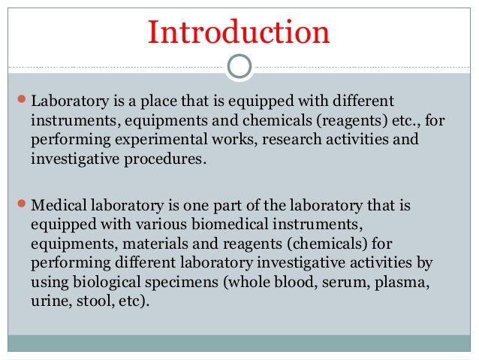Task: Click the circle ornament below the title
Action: click(239, 66)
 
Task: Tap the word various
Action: click(140, 224)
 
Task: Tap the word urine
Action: click(47, 302)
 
